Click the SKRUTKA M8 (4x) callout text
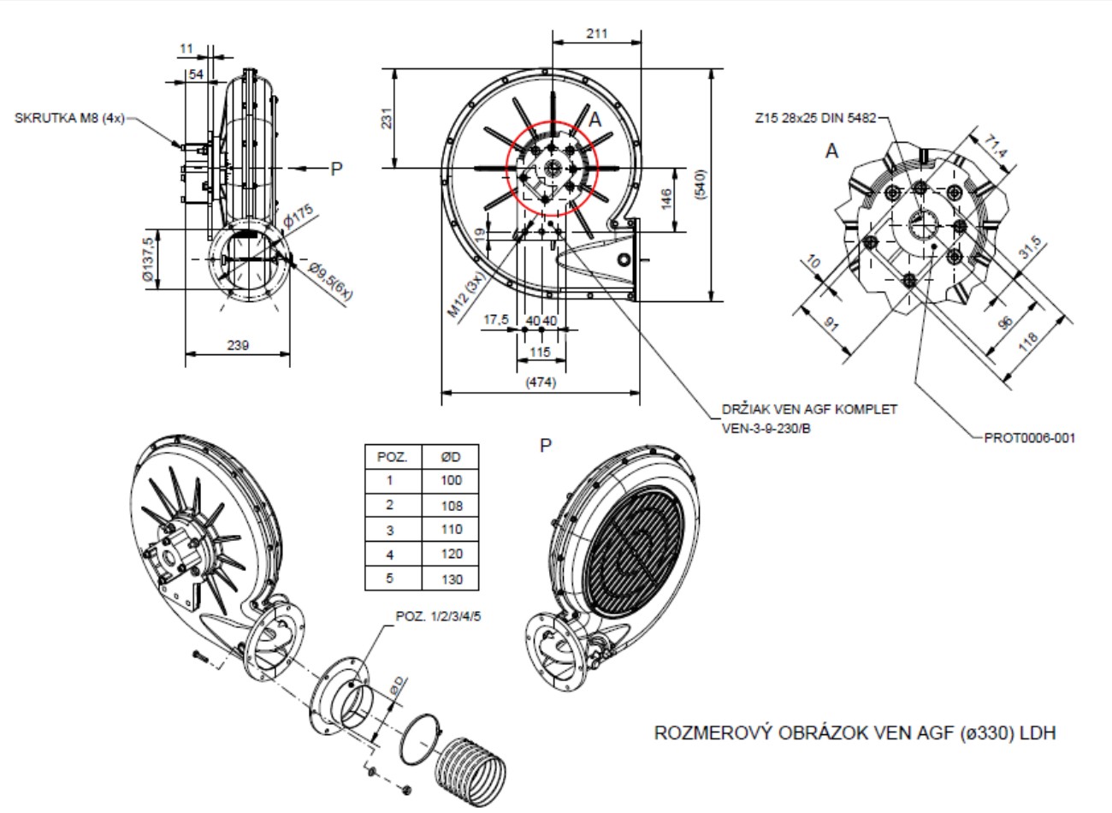[x=69, y=118]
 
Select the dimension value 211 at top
[x=597, y=33]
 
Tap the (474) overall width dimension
[x=541, y=383]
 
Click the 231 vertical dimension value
[x=386, y=119]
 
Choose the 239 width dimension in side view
[x=238, y=345]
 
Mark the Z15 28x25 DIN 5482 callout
[x=816, y=119]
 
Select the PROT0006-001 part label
[x=1029, y=437]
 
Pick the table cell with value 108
[x=452, y=505]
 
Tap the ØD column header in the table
[x=452, y=456]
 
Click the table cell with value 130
[x=452, y=579]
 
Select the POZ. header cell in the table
[x=393, y=456]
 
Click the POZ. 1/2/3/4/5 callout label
[x=439, y=616]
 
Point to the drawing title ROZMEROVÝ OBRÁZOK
[x=855, y=733]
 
